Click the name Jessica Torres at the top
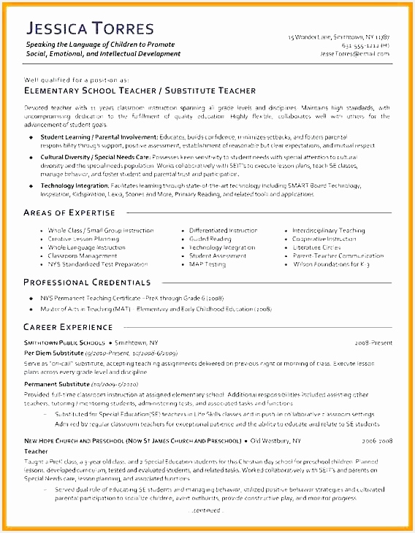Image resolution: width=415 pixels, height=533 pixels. pyautogui.click(x=90, y=29)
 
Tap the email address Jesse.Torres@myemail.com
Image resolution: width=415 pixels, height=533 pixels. pyautogui.click(x=354, y=53)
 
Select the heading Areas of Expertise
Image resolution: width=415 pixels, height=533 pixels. pyautogui.click(x=69, y=212)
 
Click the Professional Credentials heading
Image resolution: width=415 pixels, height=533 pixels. pyautogui.click(x=87, y=282)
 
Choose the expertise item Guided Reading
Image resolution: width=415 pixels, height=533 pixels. pyautogui.click(x=210, y=239)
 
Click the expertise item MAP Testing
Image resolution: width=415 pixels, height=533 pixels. pyautogui.click(x=207, y=264)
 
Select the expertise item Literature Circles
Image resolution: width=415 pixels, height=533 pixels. pyautogui.click(x=316, y=248)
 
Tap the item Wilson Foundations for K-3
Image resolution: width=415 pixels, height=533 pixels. pyautogui.click(x=331, y=264)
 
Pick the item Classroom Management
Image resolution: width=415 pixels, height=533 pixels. pyautogui.click(x=82, y=256)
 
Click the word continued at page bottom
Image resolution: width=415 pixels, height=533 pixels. pyautogui.click(x=207, y=510)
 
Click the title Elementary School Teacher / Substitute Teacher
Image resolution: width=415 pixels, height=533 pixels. pyautogui.click(x=140, y=91)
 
